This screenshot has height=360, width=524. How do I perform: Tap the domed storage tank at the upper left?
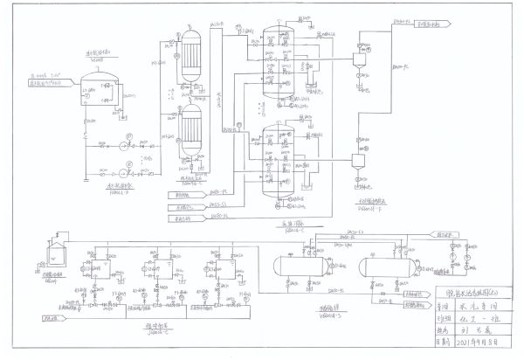(98, 88)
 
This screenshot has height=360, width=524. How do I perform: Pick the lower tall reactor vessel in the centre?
(279, 157)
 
